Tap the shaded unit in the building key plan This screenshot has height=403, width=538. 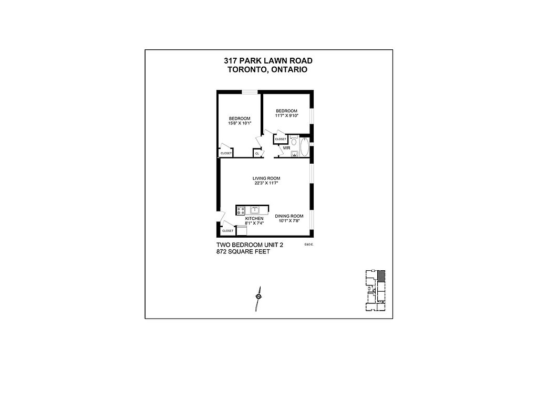point(381,275)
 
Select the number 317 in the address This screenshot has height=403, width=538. point(232,61)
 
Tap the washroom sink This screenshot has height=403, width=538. point(294,154)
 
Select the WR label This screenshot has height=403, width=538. point(286,148)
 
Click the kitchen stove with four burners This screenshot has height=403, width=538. point(241,210)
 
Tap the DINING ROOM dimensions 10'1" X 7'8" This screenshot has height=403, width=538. point(289,221)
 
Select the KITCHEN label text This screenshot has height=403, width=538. point(254,218)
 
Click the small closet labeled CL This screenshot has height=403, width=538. point(257,153)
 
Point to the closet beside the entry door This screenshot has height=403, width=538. point(228,231)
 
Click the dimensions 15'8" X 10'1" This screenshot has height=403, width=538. point(239,123)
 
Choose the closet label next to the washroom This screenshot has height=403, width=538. point(281,139)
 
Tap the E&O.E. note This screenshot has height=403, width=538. point(308,244)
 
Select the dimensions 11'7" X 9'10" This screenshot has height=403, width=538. point(287,115)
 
